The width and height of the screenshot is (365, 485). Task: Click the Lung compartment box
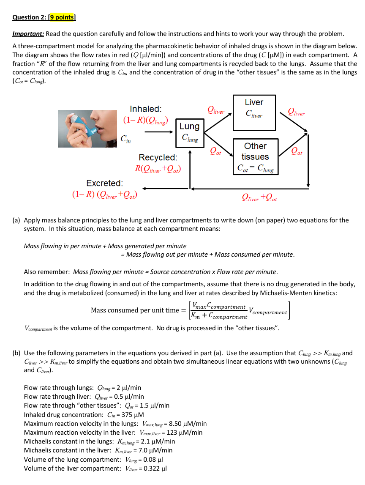tap(190, 132)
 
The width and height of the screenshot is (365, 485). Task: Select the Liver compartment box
tap(254, 108)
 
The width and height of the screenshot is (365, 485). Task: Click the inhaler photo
tap(87, 129)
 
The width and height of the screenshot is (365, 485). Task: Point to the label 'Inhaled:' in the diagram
tap(145, 109)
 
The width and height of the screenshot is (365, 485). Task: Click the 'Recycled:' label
tap(158, 158)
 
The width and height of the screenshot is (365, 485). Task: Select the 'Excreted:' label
tap(105, 183)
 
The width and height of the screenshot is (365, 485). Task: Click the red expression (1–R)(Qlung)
tap(145, 120)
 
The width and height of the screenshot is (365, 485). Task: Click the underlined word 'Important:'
tap(28, 34)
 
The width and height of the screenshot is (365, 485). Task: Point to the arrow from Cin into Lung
tap(159, 132)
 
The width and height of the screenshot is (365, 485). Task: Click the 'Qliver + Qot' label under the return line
tap(259, 197)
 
